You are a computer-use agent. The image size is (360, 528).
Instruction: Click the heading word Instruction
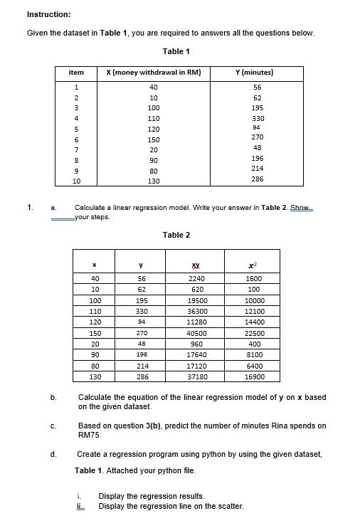coord(48,14)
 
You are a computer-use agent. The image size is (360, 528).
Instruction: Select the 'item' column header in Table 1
coord(75,73)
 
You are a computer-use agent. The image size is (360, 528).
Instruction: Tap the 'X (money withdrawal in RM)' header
coord(153,73)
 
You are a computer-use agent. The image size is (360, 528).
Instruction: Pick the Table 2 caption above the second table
coord(176,235)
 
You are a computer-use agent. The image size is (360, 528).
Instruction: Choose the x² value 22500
coord(253,333)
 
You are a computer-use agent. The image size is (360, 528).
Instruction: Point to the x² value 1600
coord(253,279)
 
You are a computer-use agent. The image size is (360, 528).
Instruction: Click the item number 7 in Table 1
coord(75,150)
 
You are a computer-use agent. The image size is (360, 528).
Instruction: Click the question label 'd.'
coord(53,453)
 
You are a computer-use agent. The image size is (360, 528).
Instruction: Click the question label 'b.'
coord(53,397)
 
